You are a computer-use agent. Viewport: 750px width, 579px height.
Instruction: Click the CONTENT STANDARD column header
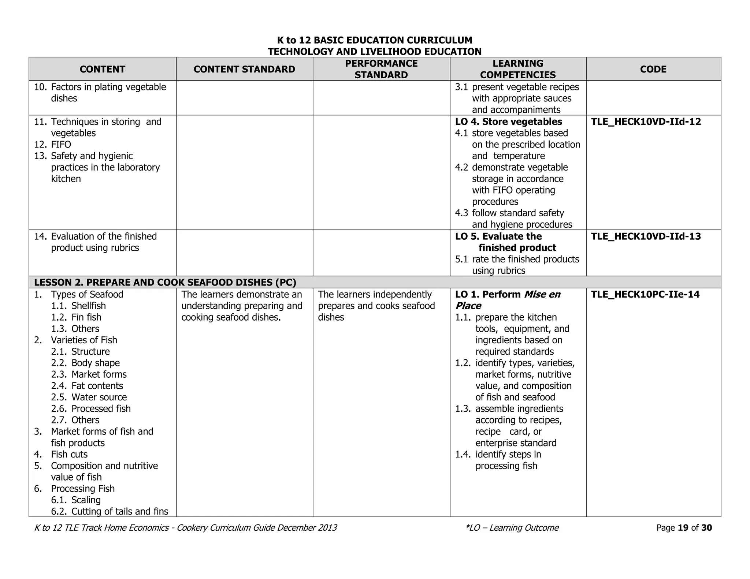tap(244, 69)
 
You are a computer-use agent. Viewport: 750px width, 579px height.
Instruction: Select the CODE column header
tap(653, 69)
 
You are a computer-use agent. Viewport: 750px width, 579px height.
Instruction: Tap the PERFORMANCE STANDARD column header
tap(381, 69)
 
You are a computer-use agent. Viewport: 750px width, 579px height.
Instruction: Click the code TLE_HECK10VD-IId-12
tap(646, 122)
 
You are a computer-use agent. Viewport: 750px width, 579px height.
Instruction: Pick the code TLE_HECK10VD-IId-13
tap(646, 236)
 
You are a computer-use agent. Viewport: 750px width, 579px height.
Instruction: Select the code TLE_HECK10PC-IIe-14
tap(645, 295)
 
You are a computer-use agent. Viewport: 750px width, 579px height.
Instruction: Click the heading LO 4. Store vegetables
tap(508, 122)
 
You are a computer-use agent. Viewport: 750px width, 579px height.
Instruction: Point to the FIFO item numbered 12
tap(61, 145)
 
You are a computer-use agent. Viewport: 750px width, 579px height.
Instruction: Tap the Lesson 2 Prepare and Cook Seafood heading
tap(165, 283)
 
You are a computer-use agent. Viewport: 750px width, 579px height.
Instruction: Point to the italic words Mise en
tap(542, 295)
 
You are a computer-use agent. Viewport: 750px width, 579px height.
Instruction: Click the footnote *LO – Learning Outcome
tap(512, 528)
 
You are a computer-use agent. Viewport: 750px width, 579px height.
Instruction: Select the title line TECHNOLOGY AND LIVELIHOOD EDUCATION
tap(374, 52)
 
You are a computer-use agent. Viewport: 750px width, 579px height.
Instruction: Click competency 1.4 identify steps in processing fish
tap(506, 460)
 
